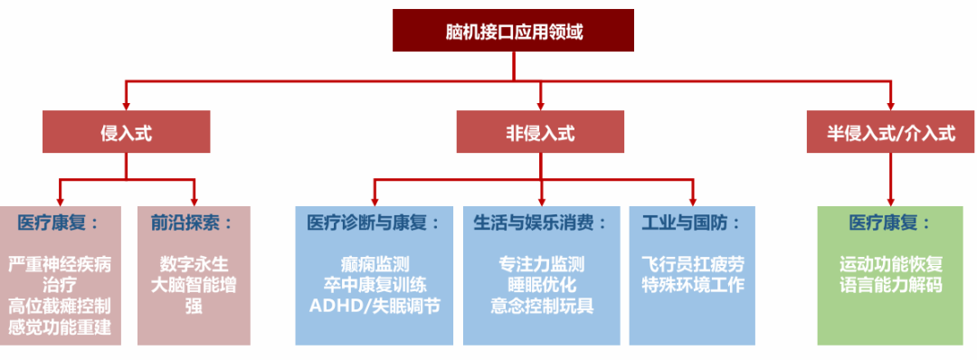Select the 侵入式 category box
126,132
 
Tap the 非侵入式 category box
540,132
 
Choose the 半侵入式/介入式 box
891,132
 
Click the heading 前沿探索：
193,223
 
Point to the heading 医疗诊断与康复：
374,223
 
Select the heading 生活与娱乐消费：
540,223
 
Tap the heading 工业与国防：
691,223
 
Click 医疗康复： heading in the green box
890,223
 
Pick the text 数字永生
193,265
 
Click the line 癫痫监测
374,265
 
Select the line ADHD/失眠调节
374,306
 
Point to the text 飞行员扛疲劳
692,265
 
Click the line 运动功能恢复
891,265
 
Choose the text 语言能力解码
891,286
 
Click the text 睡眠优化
541,286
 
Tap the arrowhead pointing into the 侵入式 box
126,104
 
